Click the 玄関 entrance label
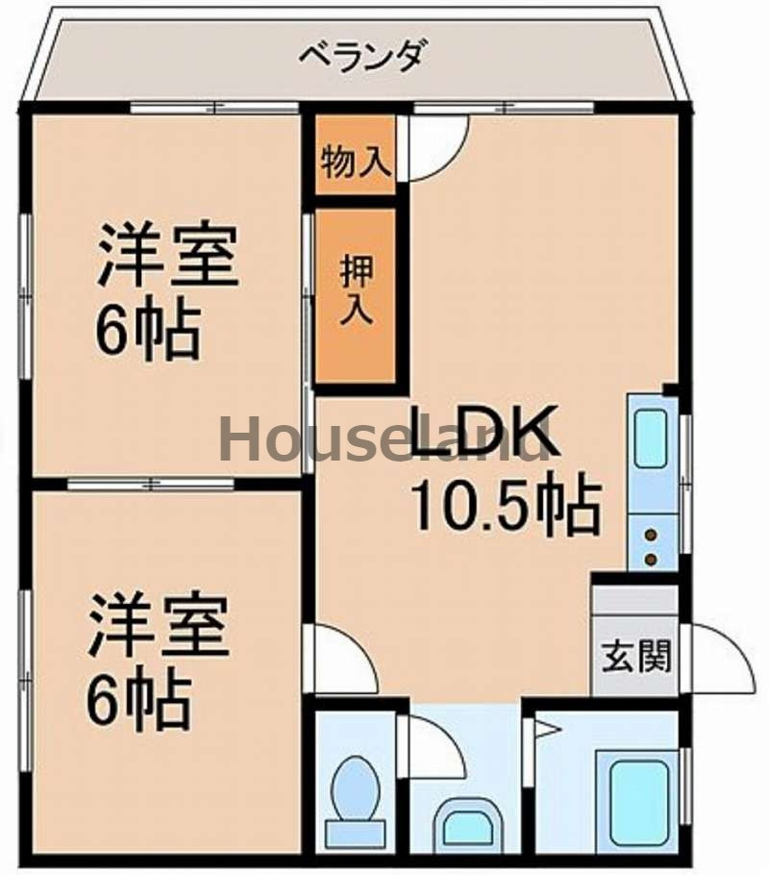[x=635, y=659]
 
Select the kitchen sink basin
[x=652, y=438]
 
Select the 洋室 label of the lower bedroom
[x=160, y=626]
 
